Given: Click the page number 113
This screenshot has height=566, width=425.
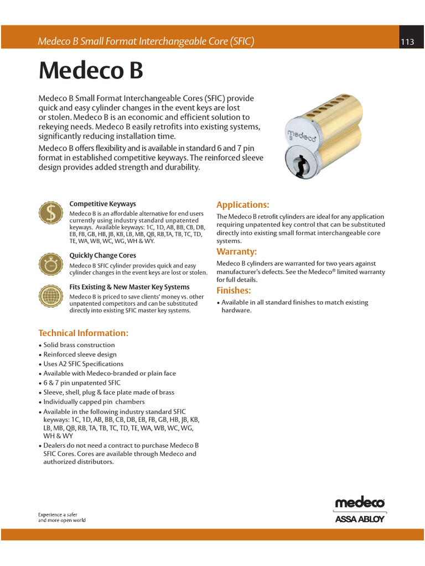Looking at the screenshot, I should (407, 42).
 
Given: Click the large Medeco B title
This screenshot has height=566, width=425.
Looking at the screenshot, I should (91, 70).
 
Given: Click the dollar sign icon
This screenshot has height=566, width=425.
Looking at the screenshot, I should (50, 213).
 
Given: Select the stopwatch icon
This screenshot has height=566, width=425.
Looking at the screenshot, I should (50, 263).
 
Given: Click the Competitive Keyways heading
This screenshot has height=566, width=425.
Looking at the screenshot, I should (102, 204).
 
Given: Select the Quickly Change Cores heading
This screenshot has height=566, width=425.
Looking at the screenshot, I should (102, 255).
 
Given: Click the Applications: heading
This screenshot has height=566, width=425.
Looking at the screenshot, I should (242, 205).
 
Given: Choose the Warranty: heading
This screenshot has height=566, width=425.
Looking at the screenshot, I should (236, 252).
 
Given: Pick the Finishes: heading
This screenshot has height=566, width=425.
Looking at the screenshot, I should (234, 291).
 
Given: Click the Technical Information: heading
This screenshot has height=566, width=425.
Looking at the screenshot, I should (83, 333).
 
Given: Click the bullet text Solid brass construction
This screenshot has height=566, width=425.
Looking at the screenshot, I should (79, 345).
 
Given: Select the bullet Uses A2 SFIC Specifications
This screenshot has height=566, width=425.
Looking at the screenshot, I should (83, 364).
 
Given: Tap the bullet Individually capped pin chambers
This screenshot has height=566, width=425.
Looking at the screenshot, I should (94, 402).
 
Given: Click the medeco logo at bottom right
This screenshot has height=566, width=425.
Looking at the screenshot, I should (360, 502).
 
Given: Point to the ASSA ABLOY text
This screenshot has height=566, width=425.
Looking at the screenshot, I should (360, 519).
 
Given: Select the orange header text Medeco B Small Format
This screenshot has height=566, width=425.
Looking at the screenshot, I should (145, 41).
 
